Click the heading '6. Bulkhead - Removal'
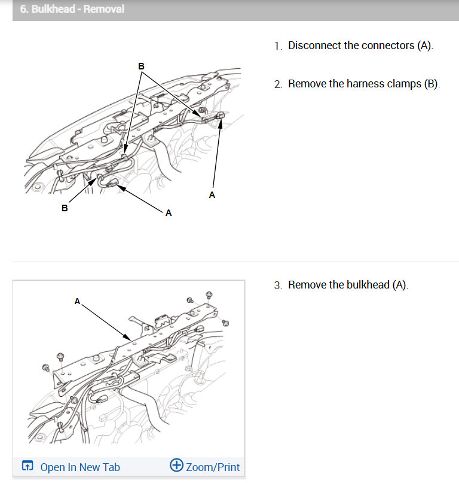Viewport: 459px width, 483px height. (x=72, y=10)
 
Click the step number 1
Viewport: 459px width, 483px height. (x=277, y=46)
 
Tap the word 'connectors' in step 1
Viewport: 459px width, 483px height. (x=378, y=45)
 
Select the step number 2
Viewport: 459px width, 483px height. (x=277, y=84)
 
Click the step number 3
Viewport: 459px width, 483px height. (x=277, y=285)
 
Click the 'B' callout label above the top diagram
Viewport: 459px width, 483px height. (x=142, y=66)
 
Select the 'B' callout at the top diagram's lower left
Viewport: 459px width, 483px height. (x=65, y=209)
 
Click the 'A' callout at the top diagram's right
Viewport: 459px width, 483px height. (x=212, y=195)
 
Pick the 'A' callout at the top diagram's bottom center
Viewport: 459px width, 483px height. (x=169, y=213)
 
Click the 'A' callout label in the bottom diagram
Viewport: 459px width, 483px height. (x=77, y=302)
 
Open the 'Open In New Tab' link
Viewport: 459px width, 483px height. (x=79, y=467)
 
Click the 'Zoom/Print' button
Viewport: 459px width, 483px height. (x=213, y=467)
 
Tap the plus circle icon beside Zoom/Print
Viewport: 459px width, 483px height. (x=176, y=466)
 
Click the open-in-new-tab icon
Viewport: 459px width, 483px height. (x=27, y=466)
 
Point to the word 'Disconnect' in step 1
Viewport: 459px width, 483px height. (x=315, y=45)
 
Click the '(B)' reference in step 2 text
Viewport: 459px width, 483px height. (x=432, y=84)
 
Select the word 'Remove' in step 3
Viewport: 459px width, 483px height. (x=305, y=285)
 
